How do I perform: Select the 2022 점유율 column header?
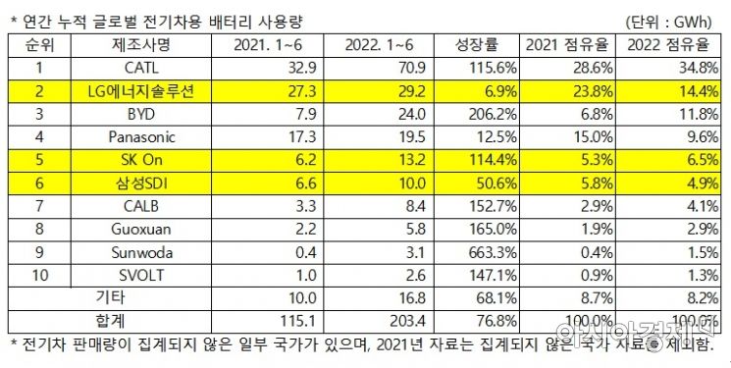(x=669, y=45)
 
